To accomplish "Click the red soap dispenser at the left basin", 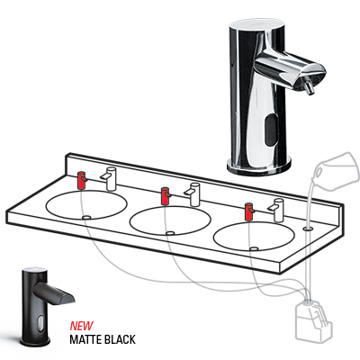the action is pyautogui.click(x=82, y=180).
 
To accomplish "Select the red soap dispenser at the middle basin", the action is pyautogui.click(x=165, y=196).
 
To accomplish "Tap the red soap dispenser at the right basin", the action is pyautogui.click(x=249, y=211).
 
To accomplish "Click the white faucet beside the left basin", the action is pyautogui.click(x=110, y=178).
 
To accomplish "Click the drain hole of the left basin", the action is pyautogui.click(x=86, y=216).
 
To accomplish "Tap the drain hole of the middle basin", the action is pyautogui.click(x=171, y=232).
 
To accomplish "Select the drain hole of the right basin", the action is pyautogui.click(x=255, y=248).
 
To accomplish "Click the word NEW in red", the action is pyautogui.click(x=82, y=326).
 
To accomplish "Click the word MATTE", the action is pyautogui.click(x=85, y=339).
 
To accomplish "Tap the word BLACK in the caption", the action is pyautogui.click(x=120, y=339).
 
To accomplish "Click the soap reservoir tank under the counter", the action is pyautogui.click(x=312, y=321).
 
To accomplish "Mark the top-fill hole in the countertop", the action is pyautogui.click(x=307, y=229).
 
